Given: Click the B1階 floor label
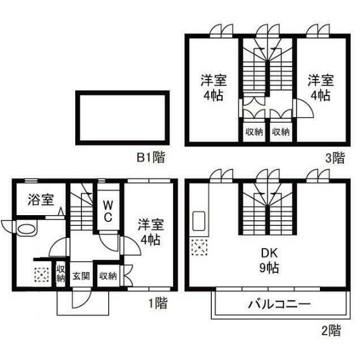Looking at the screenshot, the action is point(151,157).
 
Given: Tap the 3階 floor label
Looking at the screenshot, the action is point(335,158).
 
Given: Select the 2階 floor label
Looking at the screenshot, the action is point(331,330).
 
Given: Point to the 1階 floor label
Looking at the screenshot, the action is point(157,303).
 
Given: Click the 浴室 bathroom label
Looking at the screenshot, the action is point(41,199).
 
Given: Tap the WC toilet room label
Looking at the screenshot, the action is point(107,211).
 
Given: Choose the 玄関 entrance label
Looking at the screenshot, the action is point(82,276).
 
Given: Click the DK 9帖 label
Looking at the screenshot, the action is point(269,261).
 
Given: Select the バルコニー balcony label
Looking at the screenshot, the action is point(279,304).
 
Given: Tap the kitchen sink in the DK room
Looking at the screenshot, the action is point(199,221).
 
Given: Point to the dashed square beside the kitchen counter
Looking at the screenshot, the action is point(200,247).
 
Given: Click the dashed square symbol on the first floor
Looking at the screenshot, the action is point(42,275).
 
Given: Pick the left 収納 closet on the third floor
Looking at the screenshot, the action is point(254,132).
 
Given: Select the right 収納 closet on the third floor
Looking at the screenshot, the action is point(281,132).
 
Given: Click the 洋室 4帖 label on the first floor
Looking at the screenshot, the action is point(151,233).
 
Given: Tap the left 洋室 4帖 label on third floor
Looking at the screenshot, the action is point(214,87).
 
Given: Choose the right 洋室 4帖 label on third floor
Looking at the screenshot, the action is point(321,87).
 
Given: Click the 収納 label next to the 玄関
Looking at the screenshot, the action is point(108,276).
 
